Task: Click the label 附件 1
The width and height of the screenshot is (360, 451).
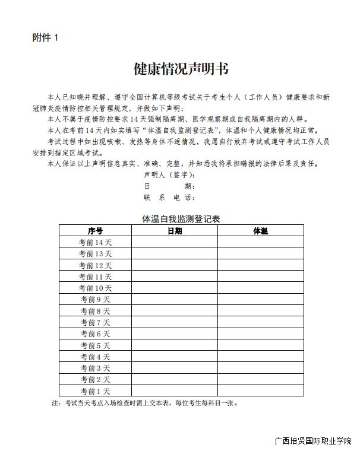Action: tap(46, 38)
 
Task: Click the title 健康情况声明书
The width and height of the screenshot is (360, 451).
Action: tap(181, 69)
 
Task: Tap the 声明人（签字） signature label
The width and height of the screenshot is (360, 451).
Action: tap(169, 175)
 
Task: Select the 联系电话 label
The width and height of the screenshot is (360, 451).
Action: tap(169, 198)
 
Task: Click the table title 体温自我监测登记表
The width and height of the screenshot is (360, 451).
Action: tap(181, 219)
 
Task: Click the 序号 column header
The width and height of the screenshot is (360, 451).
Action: tap(95, 231)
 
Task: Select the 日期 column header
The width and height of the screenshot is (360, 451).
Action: tap(175, 231)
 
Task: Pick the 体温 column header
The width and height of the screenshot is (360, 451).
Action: tap(260, 231)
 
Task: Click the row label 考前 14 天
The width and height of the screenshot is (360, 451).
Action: tap(96, 242)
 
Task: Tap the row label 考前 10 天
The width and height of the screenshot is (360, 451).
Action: tap(96, 288)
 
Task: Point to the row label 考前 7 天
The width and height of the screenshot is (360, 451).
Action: tap(96, 322)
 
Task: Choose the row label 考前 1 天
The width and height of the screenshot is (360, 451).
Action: tap(96, 391)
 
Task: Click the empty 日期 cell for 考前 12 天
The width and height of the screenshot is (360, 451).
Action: tap(175, 265)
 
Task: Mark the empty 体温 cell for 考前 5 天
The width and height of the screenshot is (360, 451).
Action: tap(260, 345)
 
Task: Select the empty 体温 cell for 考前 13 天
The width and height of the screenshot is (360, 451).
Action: tap(260, 254)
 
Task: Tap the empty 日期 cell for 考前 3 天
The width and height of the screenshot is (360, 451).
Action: tap(175, 368)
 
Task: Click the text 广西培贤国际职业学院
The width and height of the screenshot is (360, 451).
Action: tap(313, 442)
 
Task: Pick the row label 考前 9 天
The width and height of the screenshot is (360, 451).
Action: tap(96, 300)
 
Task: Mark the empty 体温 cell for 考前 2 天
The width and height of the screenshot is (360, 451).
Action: tap(260, 379)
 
